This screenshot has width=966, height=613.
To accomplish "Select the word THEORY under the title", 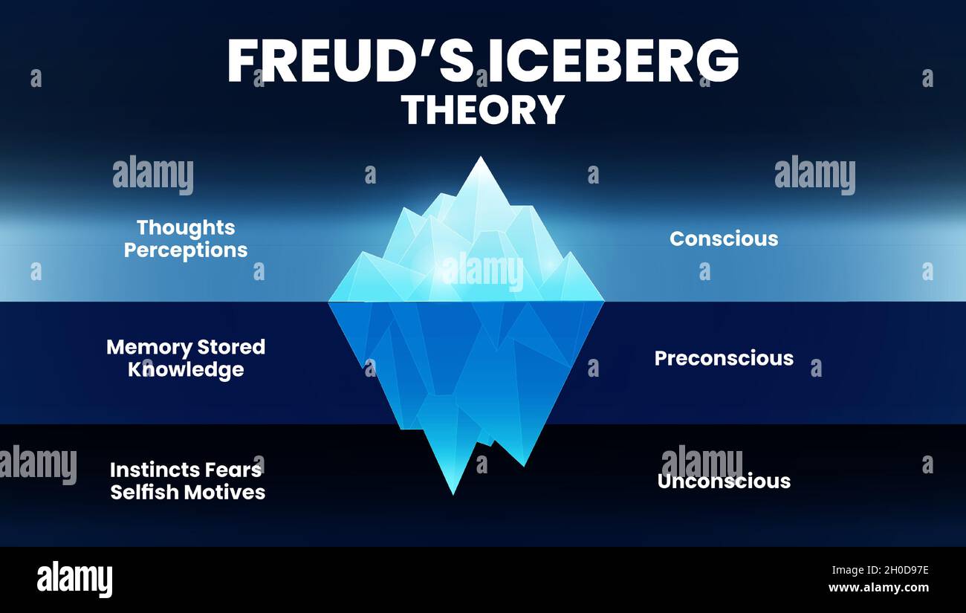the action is tap(483, 109).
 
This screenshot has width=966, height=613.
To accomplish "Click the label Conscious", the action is tap(724, 239).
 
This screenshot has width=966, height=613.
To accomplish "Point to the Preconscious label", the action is tap(724, 358).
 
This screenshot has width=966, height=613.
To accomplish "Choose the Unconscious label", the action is tap(724, 481).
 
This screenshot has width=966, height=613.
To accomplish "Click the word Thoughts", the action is tap(186, 228).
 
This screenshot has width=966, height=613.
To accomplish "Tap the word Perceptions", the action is tap(186, 250).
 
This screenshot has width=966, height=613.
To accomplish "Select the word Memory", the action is tap(149, 348).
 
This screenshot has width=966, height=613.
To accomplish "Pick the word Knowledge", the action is tap(186, 370).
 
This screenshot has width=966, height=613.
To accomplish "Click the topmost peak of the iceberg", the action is tap(481, 157).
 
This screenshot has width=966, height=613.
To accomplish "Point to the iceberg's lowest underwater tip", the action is tap(453, 494).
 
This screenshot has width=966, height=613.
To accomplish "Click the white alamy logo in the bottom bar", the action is tap(74, 579).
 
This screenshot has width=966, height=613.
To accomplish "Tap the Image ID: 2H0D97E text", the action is tap(881, 571).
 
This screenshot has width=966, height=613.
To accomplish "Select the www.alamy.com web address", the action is tap(879, 588).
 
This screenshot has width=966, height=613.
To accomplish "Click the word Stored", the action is tap(232, 348).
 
